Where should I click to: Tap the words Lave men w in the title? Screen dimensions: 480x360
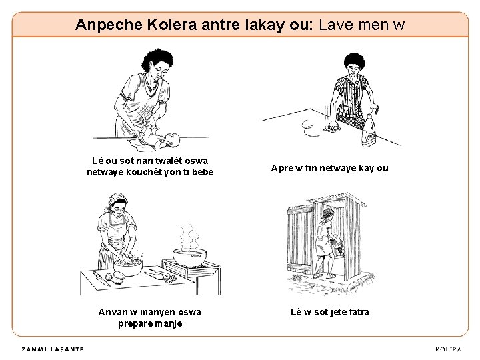coord(361,25)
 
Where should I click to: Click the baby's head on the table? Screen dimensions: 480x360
coord(172,140)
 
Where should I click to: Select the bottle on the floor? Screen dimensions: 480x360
coord(369,130)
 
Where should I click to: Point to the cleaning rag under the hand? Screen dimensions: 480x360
coord(333,127)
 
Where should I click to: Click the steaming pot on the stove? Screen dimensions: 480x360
coord(190,257)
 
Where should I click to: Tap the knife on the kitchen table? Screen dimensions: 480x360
coord(101,278)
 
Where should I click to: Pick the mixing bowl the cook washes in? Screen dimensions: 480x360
coord(127,267)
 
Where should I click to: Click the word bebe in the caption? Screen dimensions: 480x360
coord(203,172)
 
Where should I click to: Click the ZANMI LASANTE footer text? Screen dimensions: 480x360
coord(53,349)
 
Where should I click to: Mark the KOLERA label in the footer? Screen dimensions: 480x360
coord(448,349)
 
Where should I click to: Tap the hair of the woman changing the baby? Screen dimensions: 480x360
coord(157,59)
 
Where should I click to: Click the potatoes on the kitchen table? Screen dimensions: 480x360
coord(116,277)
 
